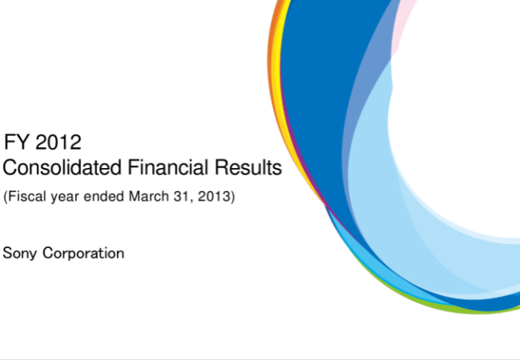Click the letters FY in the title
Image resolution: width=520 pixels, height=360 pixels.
click(x=17, y=142)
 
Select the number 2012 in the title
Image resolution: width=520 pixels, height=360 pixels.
click(x=58, y=142)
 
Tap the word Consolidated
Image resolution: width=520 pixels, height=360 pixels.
click(x=62, y=166)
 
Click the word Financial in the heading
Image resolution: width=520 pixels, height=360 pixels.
click(x=168, y=166)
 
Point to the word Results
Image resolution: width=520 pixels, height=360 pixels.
click(x=248, y=166)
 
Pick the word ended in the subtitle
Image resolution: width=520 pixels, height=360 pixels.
click(x=104, y=196)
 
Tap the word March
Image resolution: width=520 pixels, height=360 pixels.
click(x=149, y=196)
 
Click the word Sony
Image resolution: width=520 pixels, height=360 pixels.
click(x=19, y=254)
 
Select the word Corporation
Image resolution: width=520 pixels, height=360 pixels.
click(x=83, y=254)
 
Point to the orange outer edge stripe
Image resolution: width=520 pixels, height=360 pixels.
click(x=270, y=66)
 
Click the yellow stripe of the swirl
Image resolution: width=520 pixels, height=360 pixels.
click(x=277, y=66)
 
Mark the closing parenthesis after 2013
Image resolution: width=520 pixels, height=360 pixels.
click(x=233, y=196)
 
